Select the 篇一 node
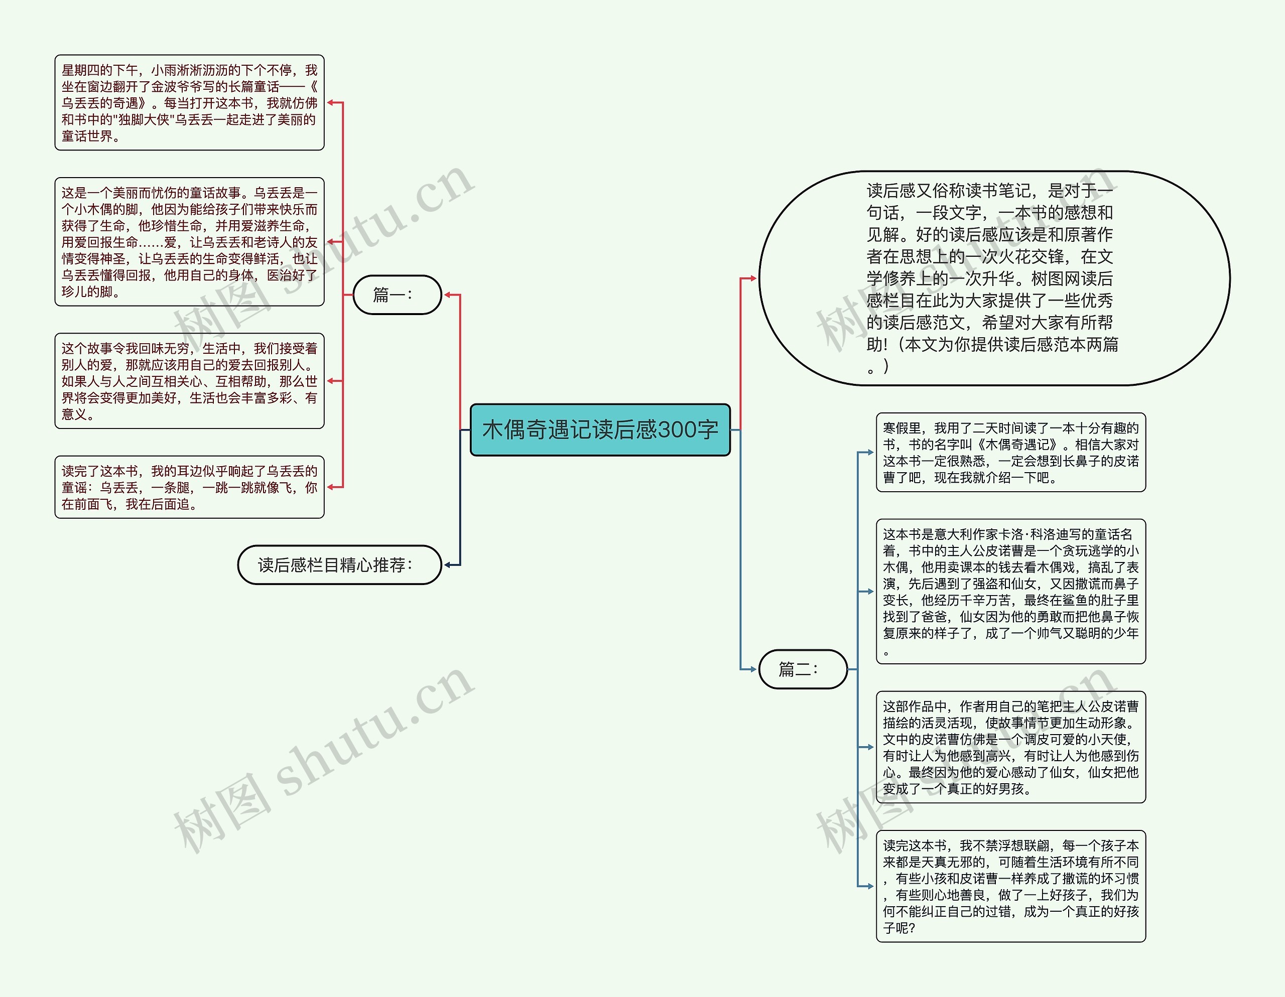397,295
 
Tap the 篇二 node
803,669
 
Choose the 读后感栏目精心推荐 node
339,564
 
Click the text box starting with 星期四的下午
189,103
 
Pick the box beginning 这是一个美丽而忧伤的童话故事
189,242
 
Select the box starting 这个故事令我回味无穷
189,381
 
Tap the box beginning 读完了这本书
189,487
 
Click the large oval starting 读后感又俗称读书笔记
994,278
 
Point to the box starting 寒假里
1010,452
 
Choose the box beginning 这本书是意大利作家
1010,591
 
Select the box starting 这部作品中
1010,747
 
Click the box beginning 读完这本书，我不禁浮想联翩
1010,887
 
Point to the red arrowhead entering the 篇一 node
448,295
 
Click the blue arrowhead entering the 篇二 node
752,669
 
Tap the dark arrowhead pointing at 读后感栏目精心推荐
448,564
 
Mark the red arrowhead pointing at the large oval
752,278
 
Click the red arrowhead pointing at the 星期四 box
331,103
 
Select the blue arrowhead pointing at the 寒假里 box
870,452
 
